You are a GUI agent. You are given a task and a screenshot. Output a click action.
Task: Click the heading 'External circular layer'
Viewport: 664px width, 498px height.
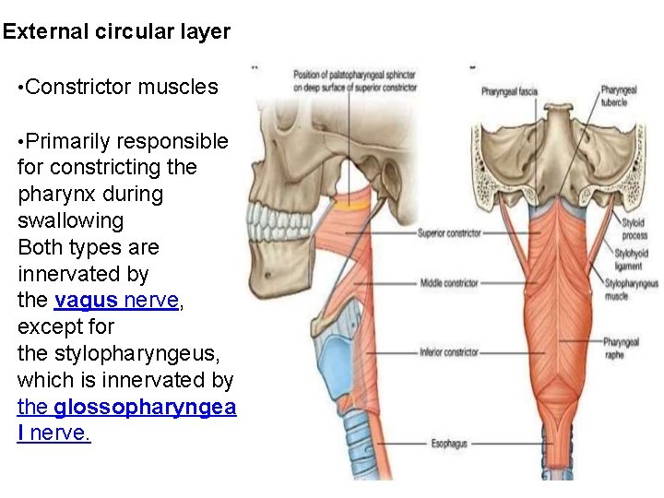[x=116, y=32]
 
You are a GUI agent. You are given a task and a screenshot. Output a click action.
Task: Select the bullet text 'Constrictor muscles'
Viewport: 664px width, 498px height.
[x=122, y=88]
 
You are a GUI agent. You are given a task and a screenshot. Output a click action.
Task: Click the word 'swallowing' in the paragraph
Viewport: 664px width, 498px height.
[x=70, y=220]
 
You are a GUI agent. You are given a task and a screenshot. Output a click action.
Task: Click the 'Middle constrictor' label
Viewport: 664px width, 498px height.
[x=448, y=282]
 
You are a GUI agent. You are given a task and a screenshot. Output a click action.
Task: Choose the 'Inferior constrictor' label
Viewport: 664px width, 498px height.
[x=448, y=351]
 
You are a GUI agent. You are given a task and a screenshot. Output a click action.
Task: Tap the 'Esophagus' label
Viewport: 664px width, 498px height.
[x=449, y=444]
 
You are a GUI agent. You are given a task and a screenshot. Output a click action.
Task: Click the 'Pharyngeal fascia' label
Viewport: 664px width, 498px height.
[x=508, y=91]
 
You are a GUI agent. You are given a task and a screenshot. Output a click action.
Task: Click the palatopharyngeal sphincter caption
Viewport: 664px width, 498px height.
[x=353, y=80]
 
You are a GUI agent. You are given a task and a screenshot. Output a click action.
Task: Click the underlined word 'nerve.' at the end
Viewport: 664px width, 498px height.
[x=61, y=433]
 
